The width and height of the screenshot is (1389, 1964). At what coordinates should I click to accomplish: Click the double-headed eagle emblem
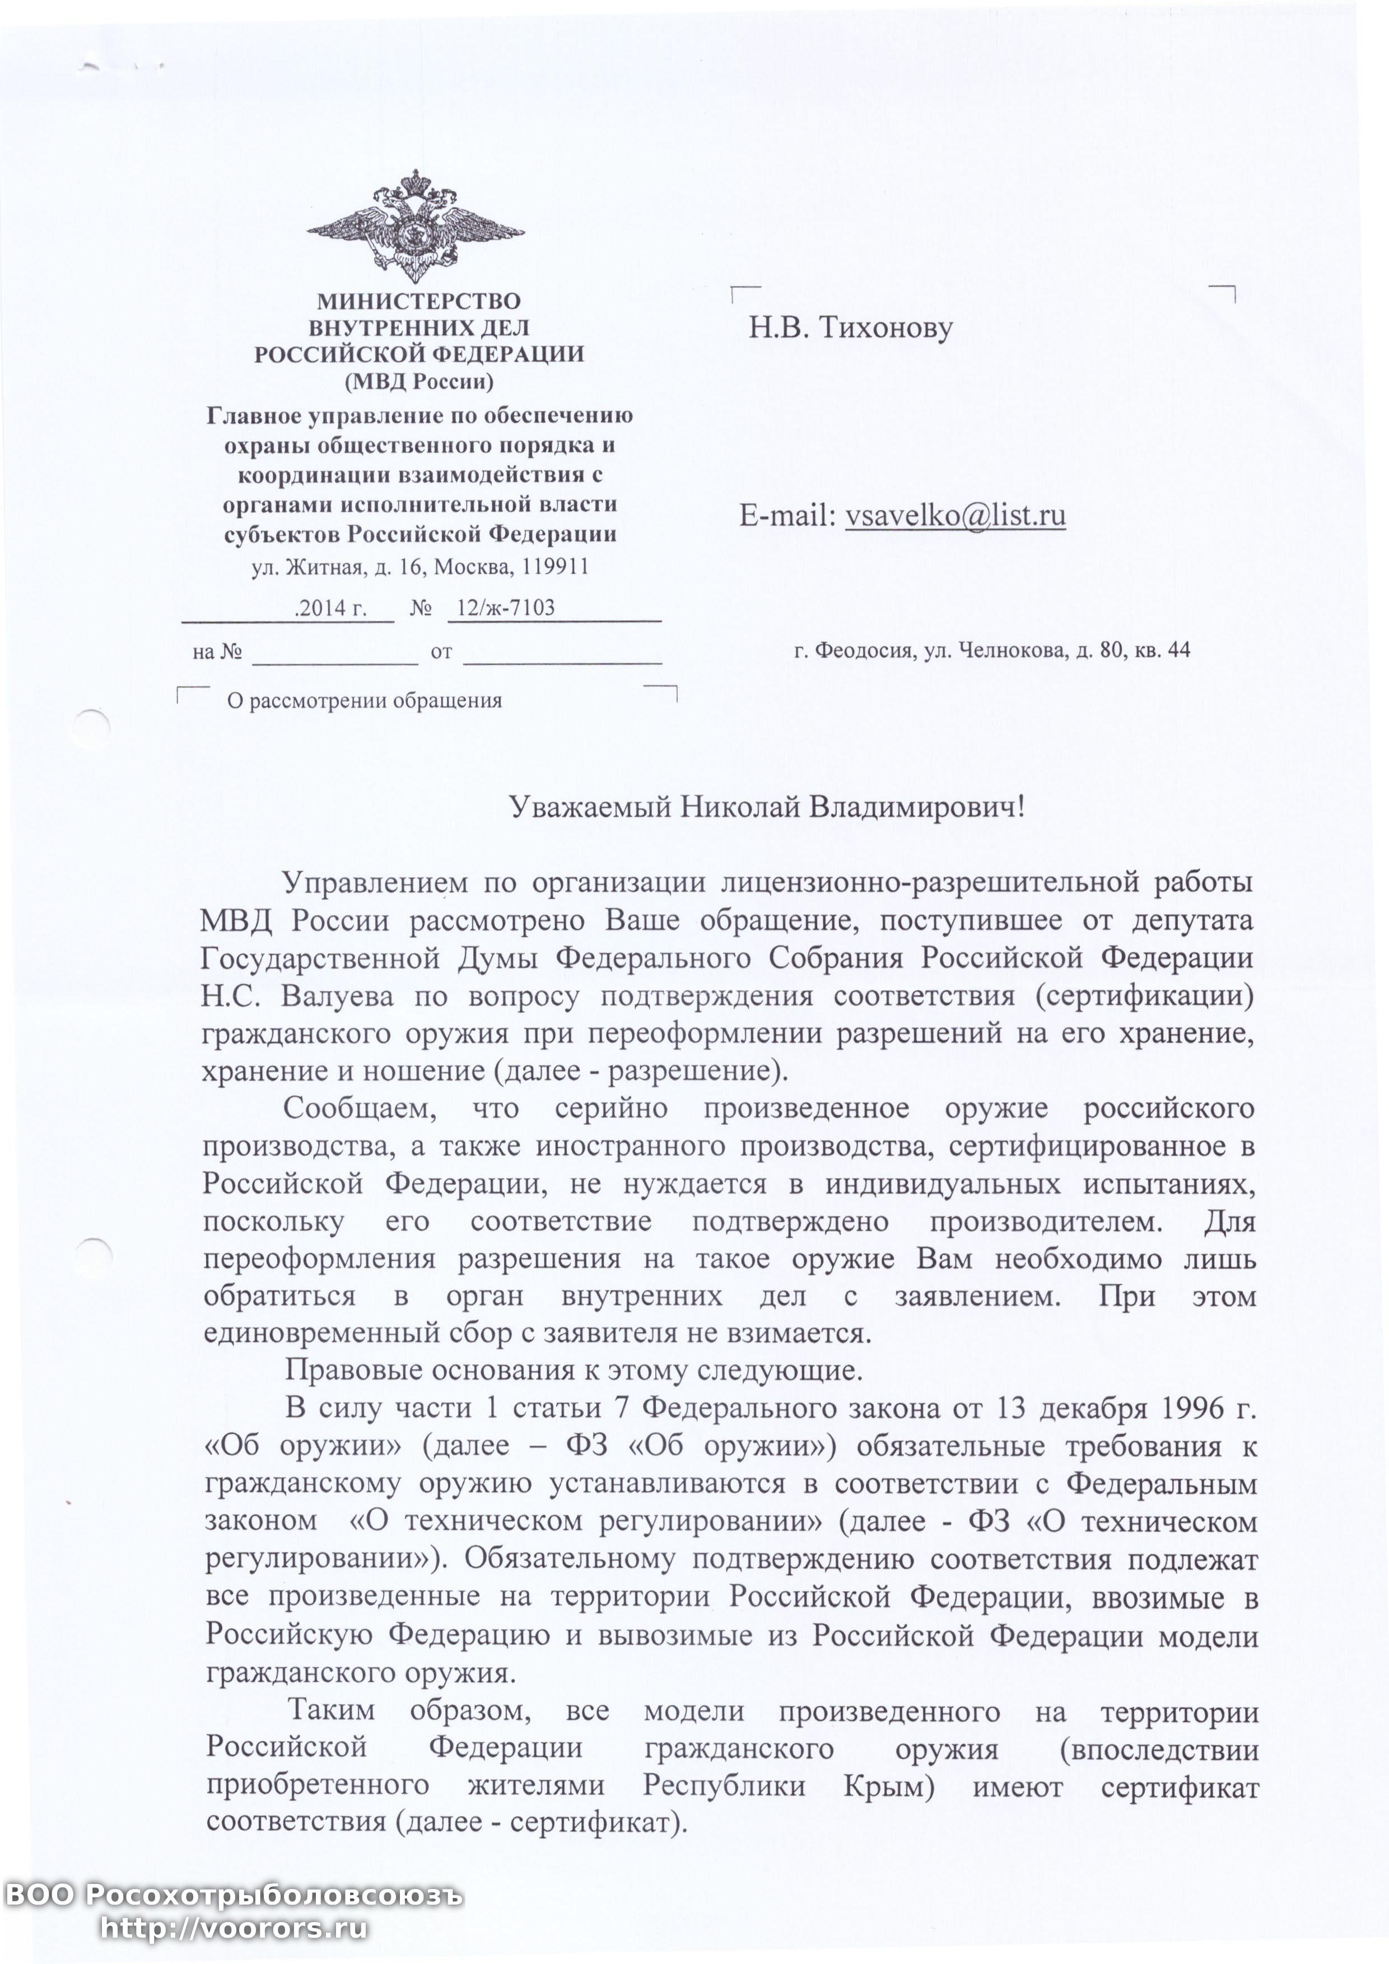point(416,227)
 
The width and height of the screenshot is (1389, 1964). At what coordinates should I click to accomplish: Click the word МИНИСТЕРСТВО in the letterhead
point(418,301)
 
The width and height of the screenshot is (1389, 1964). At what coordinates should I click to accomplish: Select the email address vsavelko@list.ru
point(955,515)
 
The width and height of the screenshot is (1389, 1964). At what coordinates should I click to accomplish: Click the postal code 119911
point(557,567)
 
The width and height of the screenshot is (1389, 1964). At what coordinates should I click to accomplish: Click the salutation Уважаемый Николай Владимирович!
point(766,807)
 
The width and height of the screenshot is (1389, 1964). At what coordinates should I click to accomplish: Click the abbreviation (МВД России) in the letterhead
point(418,381)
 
